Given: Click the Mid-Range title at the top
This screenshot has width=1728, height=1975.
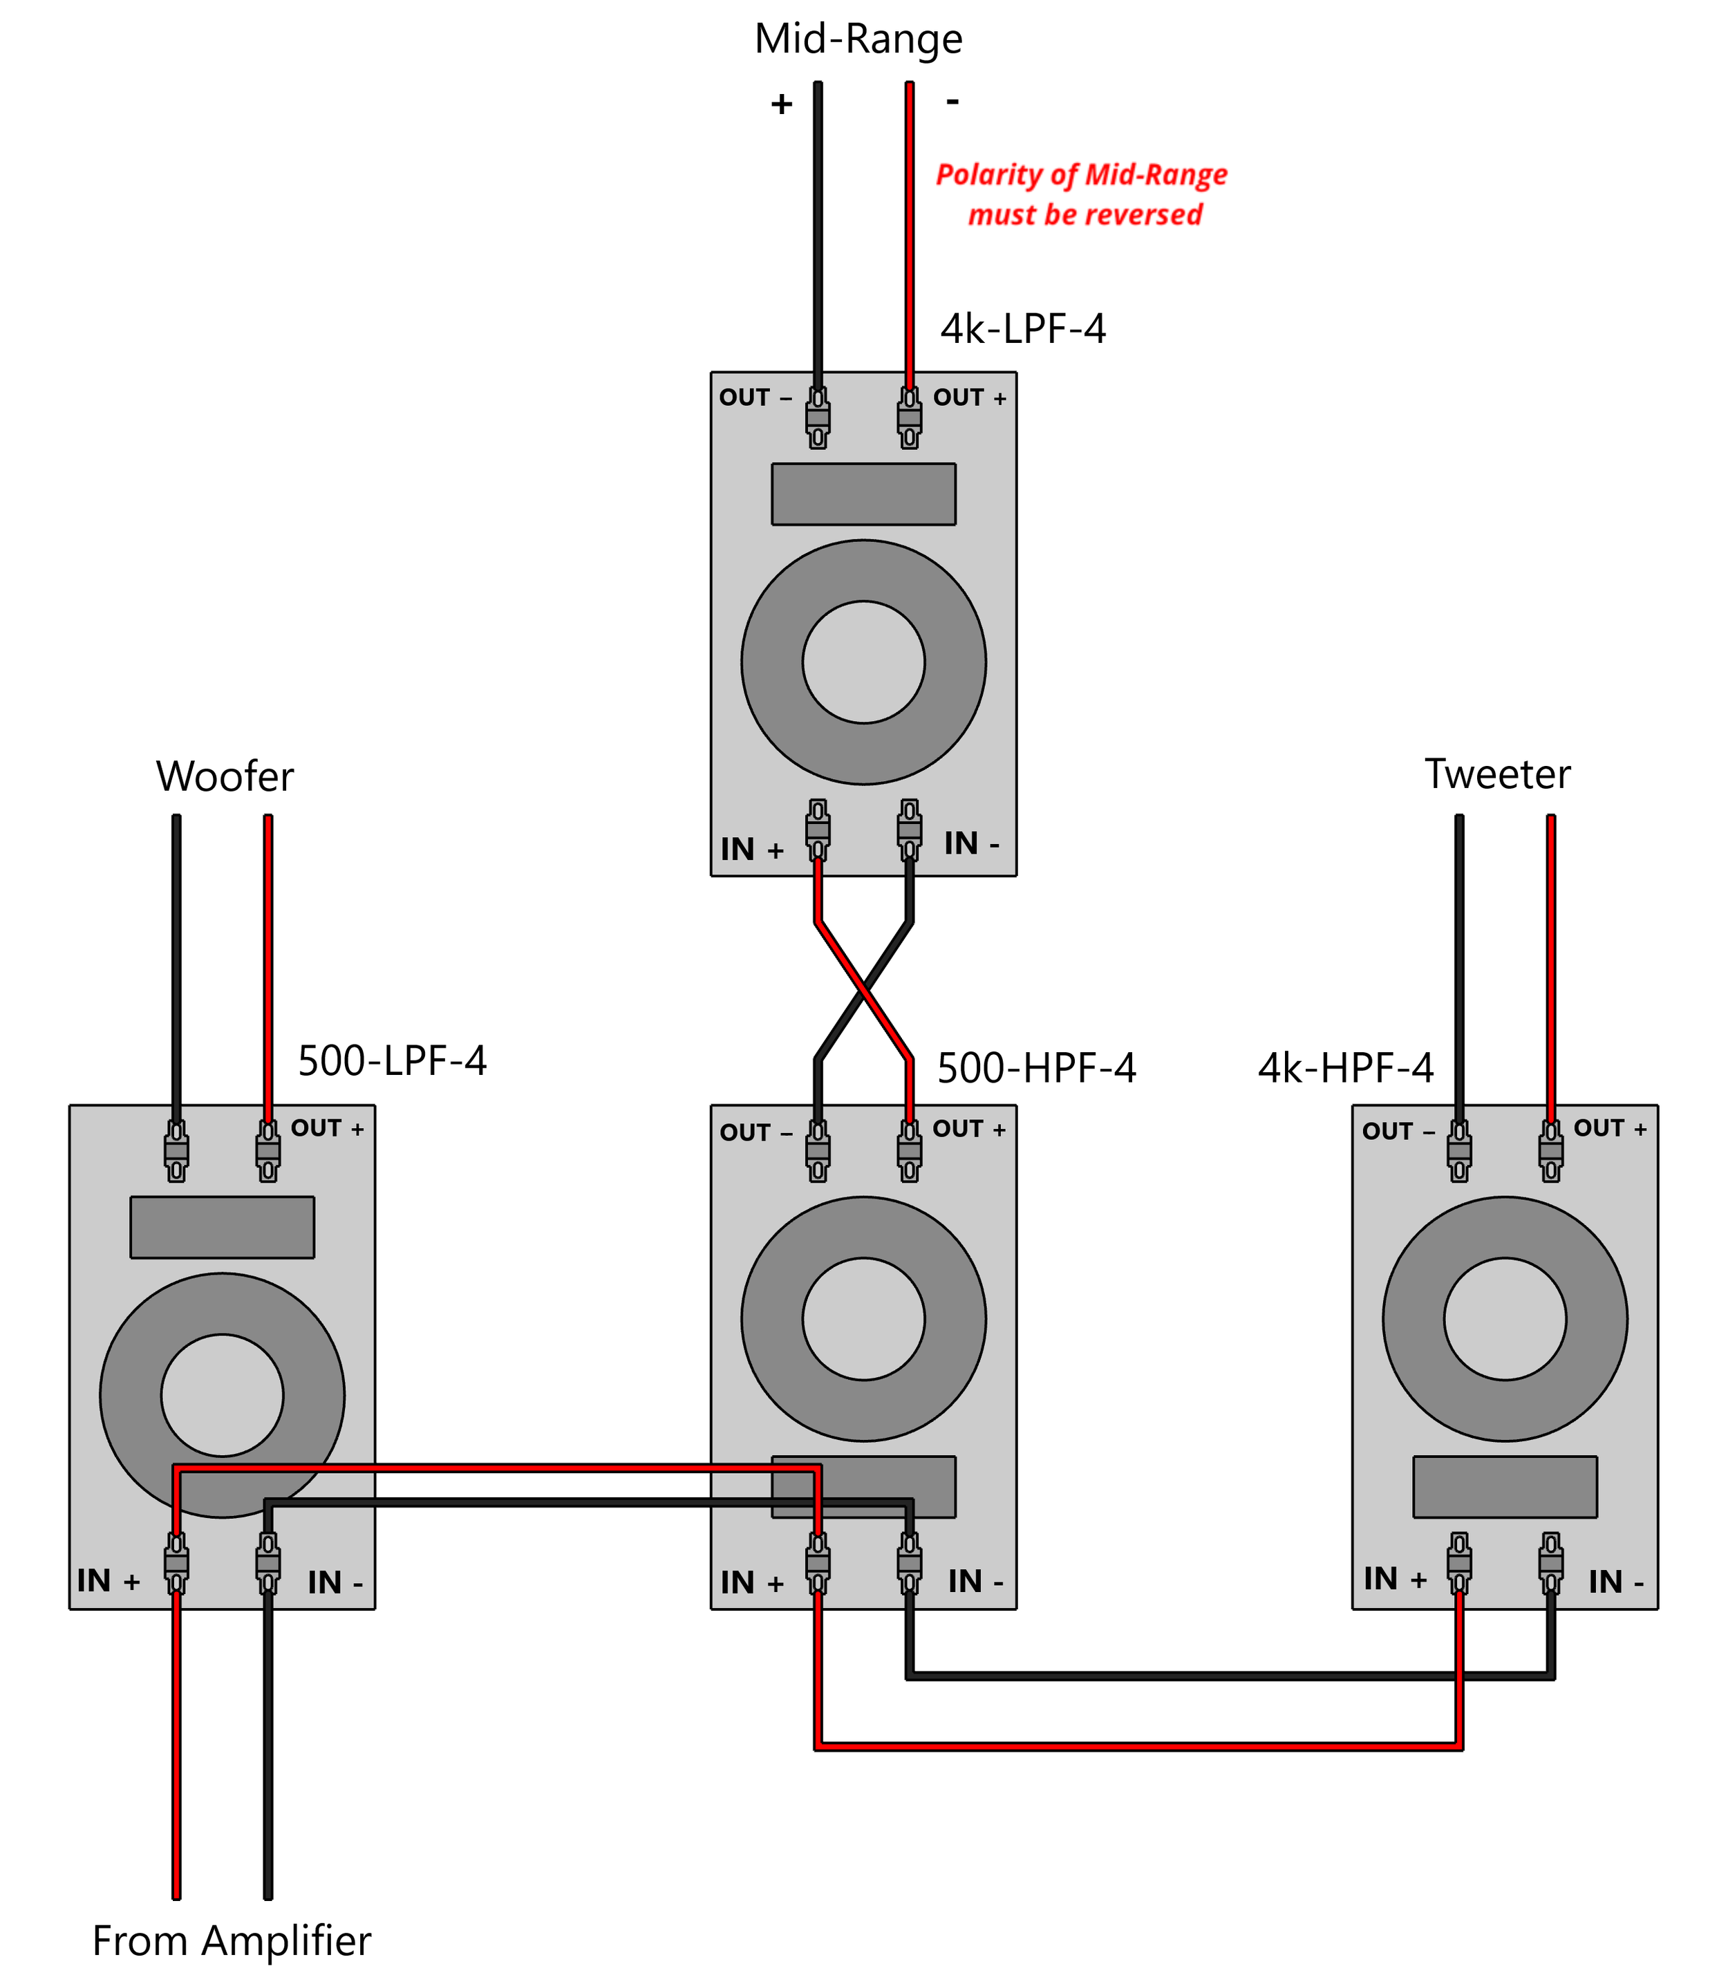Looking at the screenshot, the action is tap(858, 39).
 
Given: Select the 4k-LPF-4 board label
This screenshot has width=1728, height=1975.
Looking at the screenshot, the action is tap(1023, 329).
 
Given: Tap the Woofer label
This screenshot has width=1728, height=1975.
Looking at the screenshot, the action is tap(225, 776).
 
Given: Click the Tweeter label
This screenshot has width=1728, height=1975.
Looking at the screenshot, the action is tap(1498, 774).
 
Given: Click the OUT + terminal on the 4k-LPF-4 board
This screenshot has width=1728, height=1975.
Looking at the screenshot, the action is tap(910, 418).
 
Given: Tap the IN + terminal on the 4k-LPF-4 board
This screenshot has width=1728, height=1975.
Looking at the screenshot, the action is tap(818, 830).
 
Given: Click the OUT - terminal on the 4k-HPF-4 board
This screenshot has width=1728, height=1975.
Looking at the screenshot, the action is tap(1459, 1150).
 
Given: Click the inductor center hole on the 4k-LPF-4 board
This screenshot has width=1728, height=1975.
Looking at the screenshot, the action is tap(864, 662).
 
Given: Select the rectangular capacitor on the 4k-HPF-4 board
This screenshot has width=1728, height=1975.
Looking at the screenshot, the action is tap(1505, 1486).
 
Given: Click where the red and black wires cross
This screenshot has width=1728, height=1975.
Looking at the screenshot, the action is tap(864, 991).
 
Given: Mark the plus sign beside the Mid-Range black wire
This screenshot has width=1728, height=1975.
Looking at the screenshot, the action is tap(781, 104).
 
